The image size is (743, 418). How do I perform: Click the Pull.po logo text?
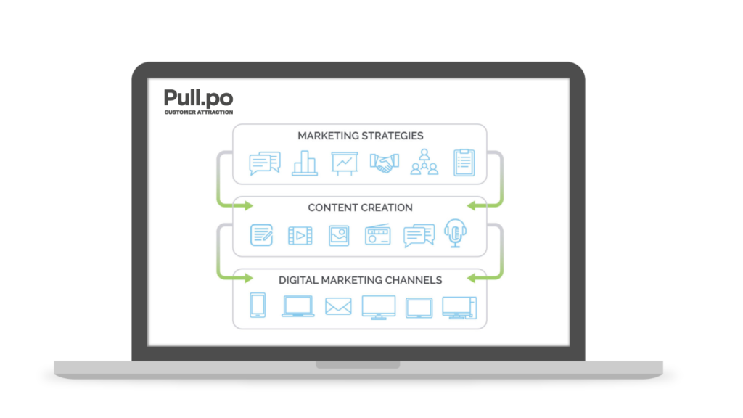(198, 98)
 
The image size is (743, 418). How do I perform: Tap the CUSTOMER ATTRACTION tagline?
(198, 112)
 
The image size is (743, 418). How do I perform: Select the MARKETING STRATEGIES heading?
(360, 136)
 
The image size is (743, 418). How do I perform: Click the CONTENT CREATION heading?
(360, 208)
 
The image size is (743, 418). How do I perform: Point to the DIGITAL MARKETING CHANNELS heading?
(360, 279)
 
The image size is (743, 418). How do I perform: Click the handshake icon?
(384, 163)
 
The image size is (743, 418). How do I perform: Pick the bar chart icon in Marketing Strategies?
(304, 163)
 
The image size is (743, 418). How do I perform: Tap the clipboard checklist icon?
(464, 163)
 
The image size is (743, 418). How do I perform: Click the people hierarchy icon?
(424, 163)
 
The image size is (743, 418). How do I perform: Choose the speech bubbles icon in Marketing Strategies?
(264, 163)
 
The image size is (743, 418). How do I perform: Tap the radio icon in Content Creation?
(378, 234)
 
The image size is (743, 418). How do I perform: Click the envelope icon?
(338, 306)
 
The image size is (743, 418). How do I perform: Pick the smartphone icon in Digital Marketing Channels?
(258, 306)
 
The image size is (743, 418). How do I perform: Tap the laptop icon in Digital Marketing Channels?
(298, 306)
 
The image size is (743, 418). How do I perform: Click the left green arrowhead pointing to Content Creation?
(246, 207)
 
